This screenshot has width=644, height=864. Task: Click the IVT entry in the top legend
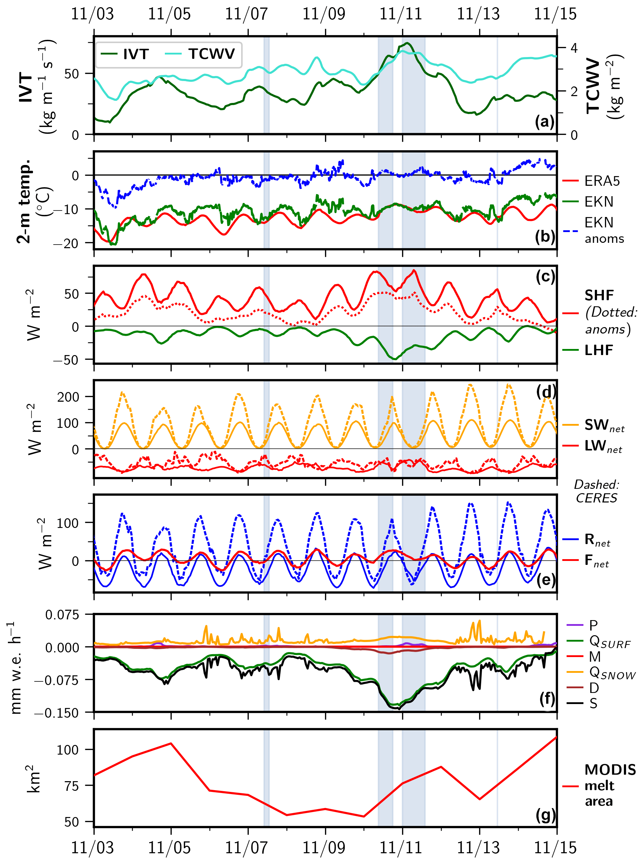pos(135,54)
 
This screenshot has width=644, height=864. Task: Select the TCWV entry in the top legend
pos(211,54)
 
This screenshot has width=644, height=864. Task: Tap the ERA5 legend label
pos(602,181)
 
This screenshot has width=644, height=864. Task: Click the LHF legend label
pos(599,350)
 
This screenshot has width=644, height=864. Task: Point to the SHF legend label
pos(599,295)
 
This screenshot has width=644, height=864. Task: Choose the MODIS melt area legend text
pos(610,785)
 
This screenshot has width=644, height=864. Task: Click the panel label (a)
pos(545,122)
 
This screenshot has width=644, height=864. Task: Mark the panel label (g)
pos(545,815)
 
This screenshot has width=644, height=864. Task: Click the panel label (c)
pos(545,276)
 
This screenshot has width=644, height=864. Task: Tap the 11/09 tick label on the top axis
pos(324,14)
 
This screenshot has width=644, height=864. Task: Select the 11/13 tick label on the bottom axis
pos(478,847)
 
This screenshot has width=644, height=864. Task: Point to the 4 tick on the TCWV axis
pos(574,48)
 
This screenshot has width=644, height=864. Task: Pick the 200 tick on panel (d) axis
pos(68,397)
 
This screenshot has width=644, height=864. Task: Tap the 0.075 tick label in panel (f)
pos(62,615)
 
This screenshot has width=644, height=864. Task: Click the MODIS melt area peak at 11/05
pos(171,743)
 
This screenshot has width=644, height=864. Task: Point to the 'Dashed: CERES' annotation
pos(596,491)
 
